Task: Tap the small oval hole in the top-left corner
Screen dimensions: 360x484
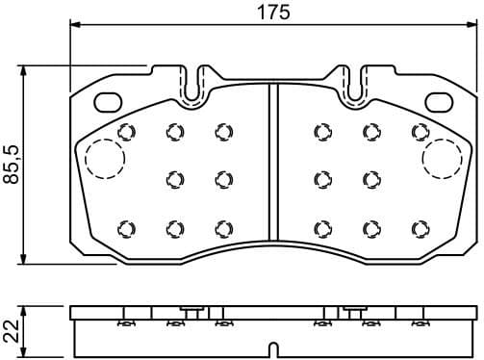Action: point(103,100)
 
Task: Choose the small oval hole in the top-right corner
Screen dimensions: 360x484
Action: point(444,100)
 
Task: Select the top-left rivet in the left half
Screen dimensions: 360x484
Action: point(124,132)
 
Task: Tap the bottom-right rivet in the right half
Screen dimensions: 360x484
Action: point(420,227)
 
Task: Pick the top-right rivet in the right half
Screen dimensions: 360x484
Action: point(420,132)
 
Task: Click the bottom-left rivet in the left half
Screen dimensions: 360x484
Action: point(124,227)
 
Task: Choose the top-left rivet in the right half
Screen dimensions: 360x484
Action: point(320,132)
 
